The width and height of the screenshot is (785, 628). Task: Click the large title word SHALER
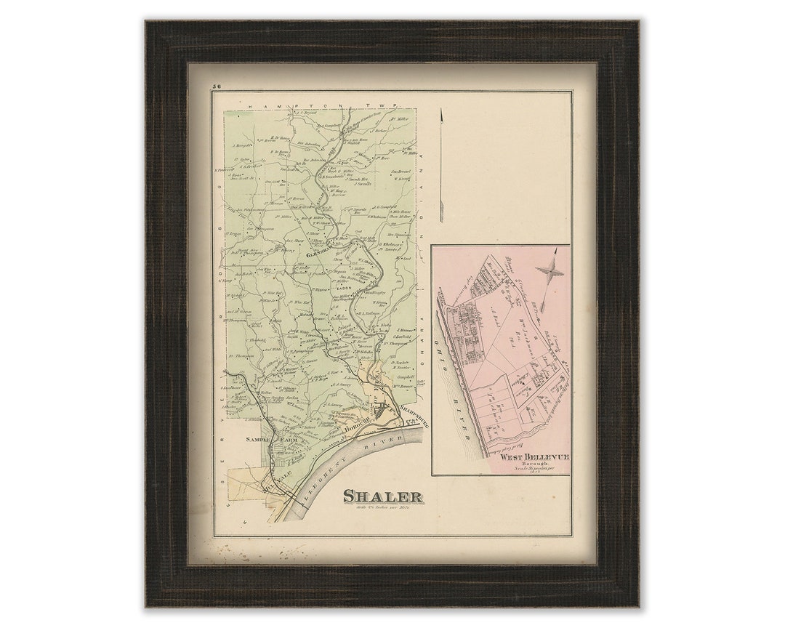[x=382, y=497]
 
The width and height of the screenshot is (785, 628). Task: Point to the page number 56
[x=217, y=86]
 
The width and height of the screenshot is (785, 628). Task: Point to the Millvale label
[x=279, y=480]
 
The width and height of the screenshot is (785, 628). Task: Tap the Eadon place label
[x=343, y=288]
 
